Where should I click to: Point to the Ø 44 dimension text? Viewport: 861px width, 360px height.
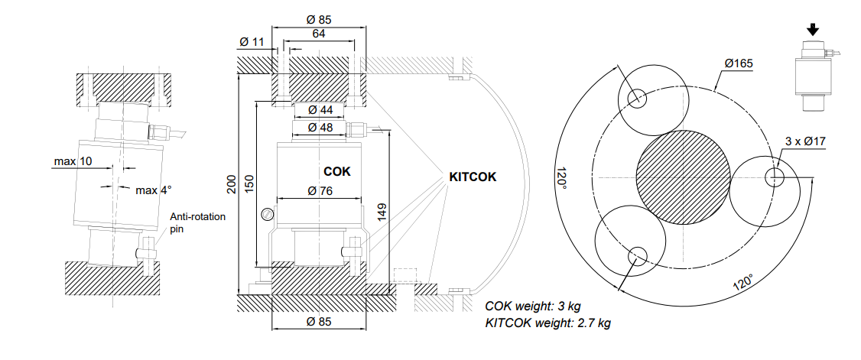click(x=320, y=110)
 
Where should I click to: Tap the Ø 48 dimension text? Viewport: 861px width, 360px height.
click(x=320, y=128)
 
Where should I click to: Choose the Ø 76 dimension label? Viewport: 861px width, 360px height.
click(x=320, y=191)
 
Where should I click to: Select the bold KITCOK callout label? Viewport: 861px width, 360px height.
click(x=473, y=177)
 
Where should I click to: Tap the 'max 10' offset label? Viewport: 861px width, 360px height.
click(x=73, y=161)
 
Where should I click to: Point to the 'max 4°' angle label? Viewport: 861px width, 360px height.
click(x=153, y=190)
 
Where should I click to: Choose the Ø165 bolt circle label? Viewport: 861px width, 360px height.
click(x=739, y=63)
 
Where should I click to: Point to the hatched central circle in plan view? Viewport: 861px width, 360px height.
click(x=682, y=177)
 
